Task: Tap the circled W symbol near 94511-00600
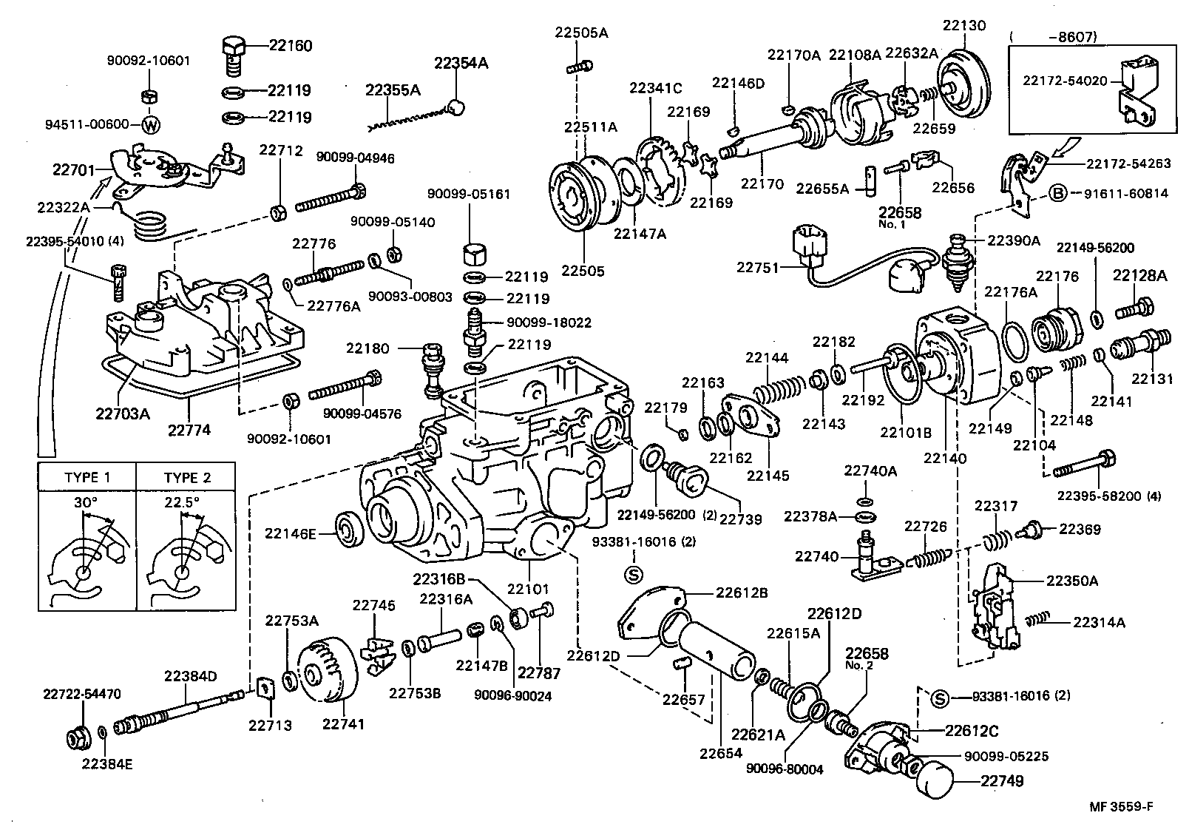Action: (150, 124)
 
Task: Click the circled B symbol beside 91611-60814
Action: (1058, 194)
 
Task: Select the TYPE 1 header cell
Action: (87, 477)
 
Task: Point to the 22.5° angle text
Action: (182, 502)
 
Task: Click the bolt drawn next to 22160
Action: (234, 53)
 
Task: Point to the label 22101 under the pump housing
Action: (528, 590)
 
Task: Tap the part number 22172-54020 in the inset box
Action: (1065, 80)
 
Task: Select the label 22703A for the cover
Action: (122, 413)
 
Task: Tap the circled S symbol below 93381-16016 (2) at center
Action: (634, 573)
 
